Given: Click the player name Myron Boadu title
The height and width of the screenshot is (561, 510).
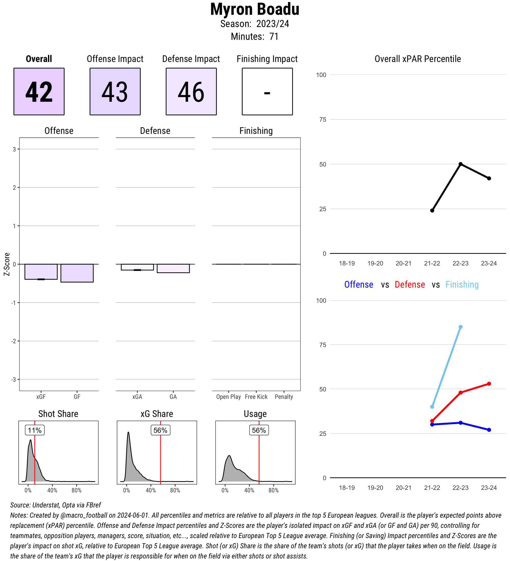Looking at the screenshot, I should (x=254, y=9).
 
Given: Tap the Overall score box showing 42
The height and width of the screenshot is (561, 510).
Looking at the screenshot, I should (x=39, y=91).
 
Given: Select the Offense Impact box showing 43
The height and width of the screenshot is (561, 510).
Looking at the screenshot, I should (x=115, y=91).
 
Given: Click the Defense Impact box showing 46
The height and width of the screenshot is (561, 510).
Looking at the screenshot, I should (x=191, y=91).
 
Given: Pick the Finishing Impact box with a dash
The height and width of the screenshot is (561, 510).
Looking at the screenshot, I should (x=267, y=91).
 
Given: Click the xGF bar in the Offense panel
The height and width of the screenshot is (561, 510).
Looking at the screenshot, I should (x=41, y=272).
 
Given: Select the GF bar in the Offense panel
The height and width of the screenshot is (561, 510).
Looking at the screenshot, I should (x=77, y=273).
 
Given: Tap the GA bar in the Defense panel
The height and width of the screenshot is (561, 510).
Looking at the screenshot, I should (x=173, y=268).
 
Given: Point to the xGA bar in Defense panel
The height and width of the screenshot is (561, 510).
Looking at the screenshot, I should (x=137, y=267).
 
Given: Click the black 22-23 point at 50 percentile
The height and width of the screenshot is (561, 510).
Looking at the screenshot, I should (x=461, y=164).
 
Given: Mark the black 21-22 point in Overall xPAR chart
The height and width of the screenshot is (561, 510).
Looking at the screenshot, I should (x=432, y=211).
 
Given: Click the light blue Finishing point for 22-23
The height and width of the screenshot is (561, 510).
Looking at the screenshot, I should (x=461, y=327).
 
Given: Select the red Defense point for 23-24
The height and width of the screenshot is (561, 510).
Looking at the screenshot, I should (x=489, y=384).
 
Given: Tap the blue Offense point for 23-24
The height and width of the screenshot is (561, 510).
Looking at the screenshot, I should (x=489, y=430).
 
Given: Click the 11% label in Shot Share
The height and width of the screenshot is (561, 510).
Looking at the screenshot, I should (x=35, y=430).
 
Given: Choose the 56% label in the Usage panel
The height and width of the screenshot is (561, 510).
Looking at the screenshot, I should (x=259, y=430).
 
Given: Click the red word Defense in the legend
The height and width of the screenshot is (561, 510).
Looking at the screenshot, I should (x=410, y=284).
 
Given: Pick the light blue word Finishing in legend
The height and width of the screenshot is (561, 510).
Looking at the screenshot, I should (x=462, y=284).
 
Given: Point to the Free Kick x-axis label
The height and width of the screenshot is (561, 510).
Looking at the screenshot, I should (x=256, y=397).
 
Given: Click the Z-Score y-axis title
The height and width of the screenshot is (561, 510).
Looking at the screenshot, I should (x=7, y=264).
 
